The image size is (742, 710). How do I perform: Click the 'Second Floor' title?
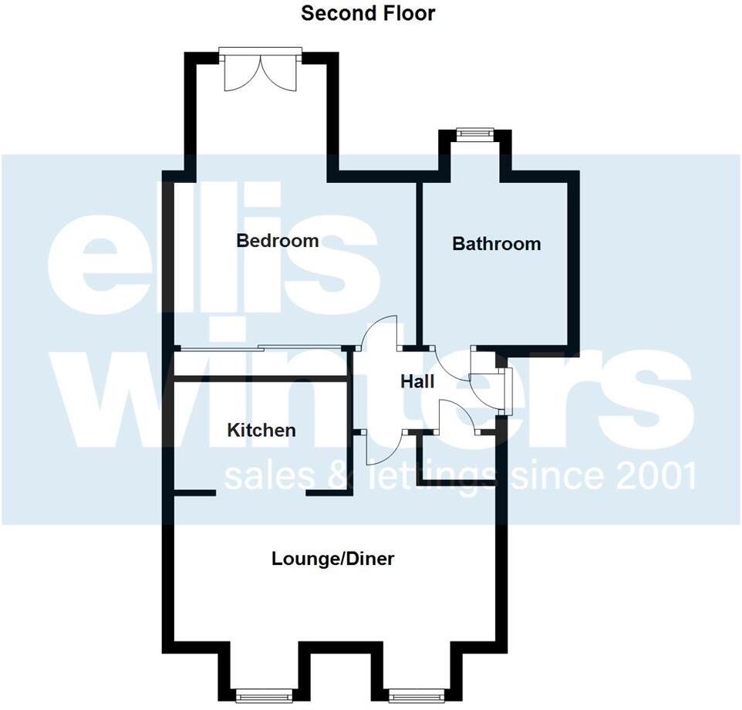click(x=368, y=13)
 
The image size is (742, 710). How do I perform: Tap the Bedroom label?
click(x=277, y=241)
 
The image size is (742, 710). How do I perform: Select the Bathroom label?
click(x=496, y=244)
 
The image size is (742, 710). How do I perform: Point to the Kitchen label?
click(x=261, y=430)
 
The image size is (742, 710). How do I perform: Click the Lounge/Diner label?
click(x=332, y=558)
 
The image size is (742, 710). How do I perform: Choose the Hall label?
click(x=417, y=381)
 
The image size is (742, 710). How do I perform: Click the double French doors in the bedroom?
click(x=260, y=72)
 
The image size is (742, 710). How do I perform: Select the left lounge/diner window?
click(x=265, y=697)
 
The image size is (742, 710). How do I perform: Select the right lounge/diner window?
click(x=417, y=697)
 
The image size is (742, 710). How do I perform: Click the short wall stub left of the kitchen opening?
click(x=193, y=492)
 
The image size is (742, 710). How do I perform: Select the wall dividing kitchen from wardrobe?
click(x=261, y=379)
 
